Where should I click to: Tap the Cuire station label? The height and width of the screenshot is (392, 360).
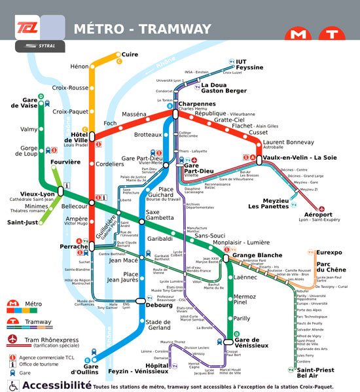130,55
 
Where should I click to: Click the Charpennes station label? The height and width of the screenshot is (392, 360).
196,104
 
